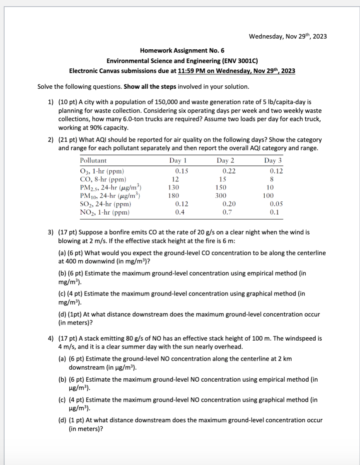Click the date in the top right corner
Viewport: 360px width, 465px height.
point(288,36)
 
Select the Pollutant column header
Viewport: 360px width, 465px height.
point(93,160)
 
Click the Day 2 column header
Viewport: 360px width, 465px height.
point(226,160)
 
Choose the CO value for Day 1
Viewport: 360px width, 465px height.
point(175,179)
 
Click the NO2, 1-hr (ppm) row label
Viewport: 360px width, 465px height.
point(104,212)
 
